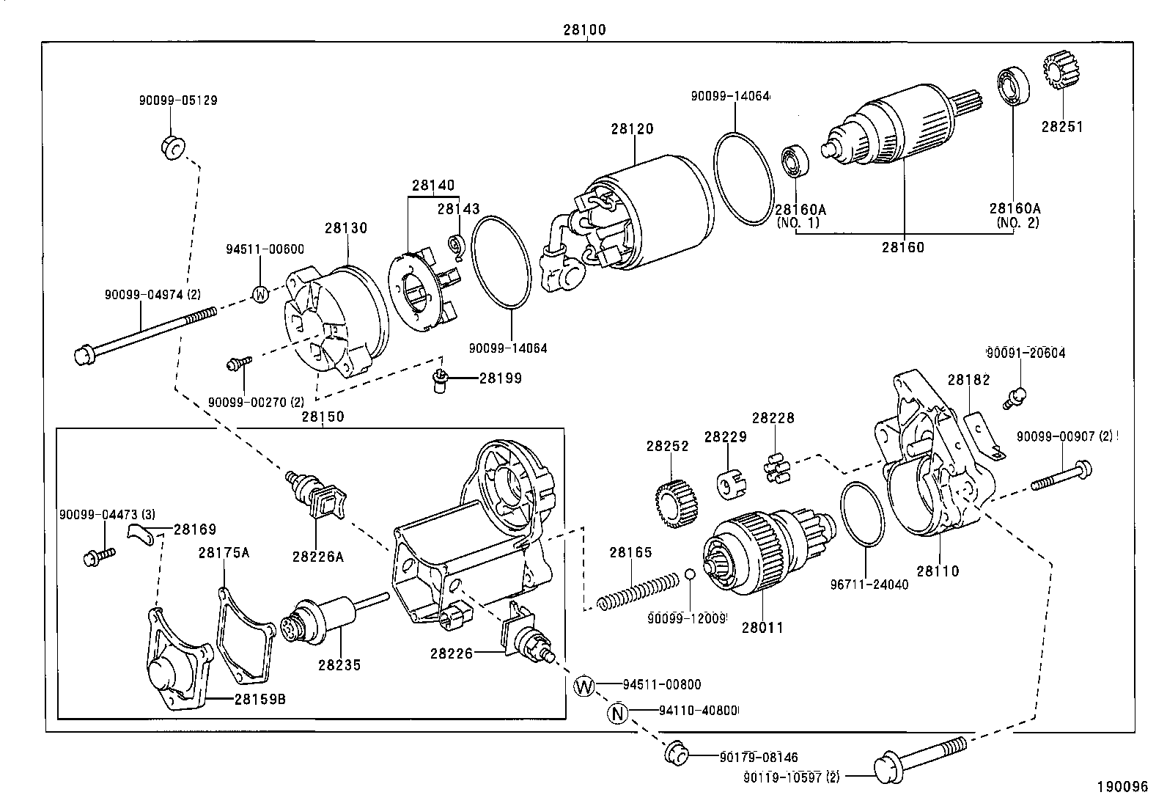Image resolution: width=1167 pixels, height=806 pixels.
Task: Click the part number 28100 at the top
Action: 584,31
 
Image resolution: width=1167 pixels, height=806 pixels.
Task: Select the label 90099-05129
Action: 178,100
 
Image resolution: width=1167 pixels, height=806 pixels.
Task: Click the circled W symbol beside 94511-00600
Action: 260,294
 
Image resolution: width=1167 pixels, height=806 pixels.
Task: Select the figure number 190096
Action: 1122,786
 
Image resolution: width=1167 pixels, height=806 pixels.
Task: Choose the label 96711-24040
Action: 869,585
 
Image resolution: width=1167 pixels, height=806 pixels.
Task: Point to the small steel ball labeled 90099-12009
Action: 691,574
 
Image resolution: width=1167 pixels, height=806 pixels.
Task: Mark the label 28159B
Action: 260,699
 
